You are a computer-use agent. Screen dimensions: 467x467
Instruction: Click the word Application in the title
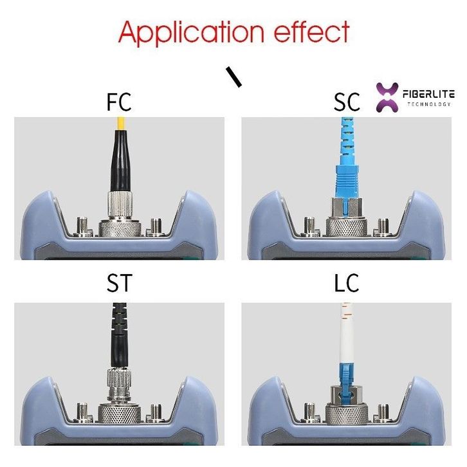click(190, 32)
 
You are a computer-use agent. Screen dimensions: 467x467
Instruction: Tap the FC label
click(120, 102)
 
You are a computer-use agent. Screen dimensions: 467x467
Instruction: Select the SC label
click(347, 102)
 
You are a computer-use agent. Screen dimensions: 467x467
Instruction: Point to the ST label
click(120, 284)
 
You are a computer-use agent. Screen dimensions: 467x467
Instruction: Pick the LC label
click(347, 284)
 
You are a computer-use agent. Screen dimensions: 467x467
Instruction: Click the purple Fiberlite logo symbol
click(387, 96)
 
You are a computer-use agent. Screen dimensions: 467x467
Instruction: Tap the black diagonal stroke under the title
click(233, 75)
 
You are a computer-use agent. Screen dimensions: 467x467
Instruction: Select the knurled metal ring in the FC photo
click(120, 228)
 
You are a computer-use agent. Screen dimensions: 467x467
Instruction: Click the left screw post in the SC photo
click(309, 226)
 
